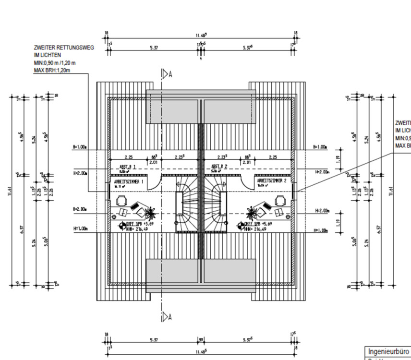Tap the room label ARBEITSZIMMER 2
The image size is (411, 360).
[272, 182]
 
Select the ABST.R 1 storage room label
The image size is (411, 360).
[128, 167]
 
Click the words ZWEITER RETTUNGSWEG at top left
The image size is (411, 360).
[64, 48]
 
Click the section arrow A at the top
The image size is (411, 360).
[166, 74]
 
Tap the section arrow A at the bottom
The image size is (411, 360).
[166, 316]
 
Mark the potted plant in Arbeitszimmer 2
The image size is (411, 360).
[251, 211]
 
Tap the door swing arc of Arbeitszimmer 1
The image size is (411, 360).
[155, 182]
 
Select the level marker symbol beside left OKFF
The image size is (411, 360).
[122, 226]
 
